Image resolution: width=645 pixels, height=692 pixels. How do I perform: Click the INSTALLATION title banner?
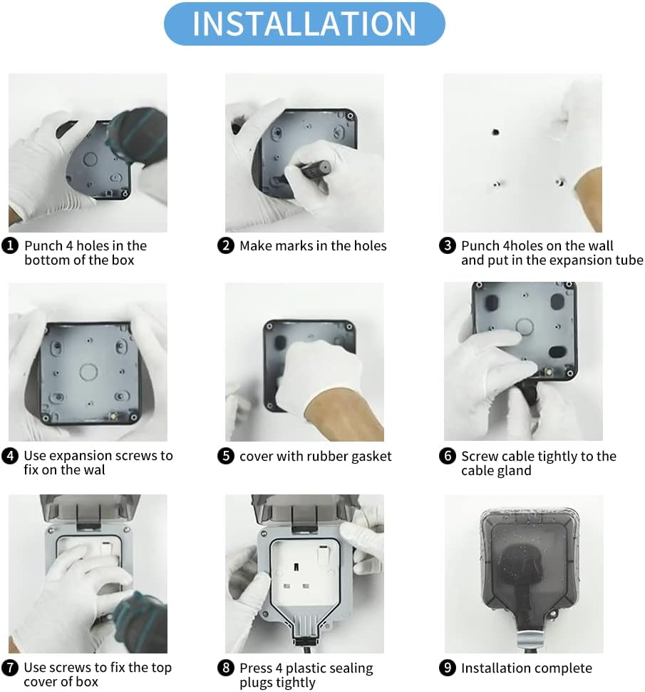(x=304, y=24)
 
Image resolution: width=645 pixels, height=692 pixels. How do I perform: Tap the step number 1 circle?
(x=10, y=245)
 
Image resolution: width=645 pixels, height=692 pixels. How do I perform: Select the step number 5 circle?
(x=226, y=455)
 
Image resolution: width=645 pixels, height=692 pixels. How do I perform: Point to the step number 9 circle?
(x=448, y=668)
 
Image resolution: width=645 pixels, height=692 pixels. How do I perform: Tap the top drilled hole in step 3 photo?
(x=495, y=131)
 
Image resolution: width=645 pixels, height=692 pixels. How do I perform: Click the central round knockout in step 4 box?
(x=88, y=372)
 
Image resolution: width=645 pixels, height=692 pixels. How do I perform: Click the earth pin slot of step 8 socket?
(x=296, y=566)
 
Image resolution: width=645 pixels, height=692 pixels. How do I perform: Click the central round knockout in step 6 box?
(x=525, y=327)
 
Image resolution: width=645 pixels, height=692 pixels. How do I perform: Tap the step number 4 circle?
(x=10, y=455)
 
